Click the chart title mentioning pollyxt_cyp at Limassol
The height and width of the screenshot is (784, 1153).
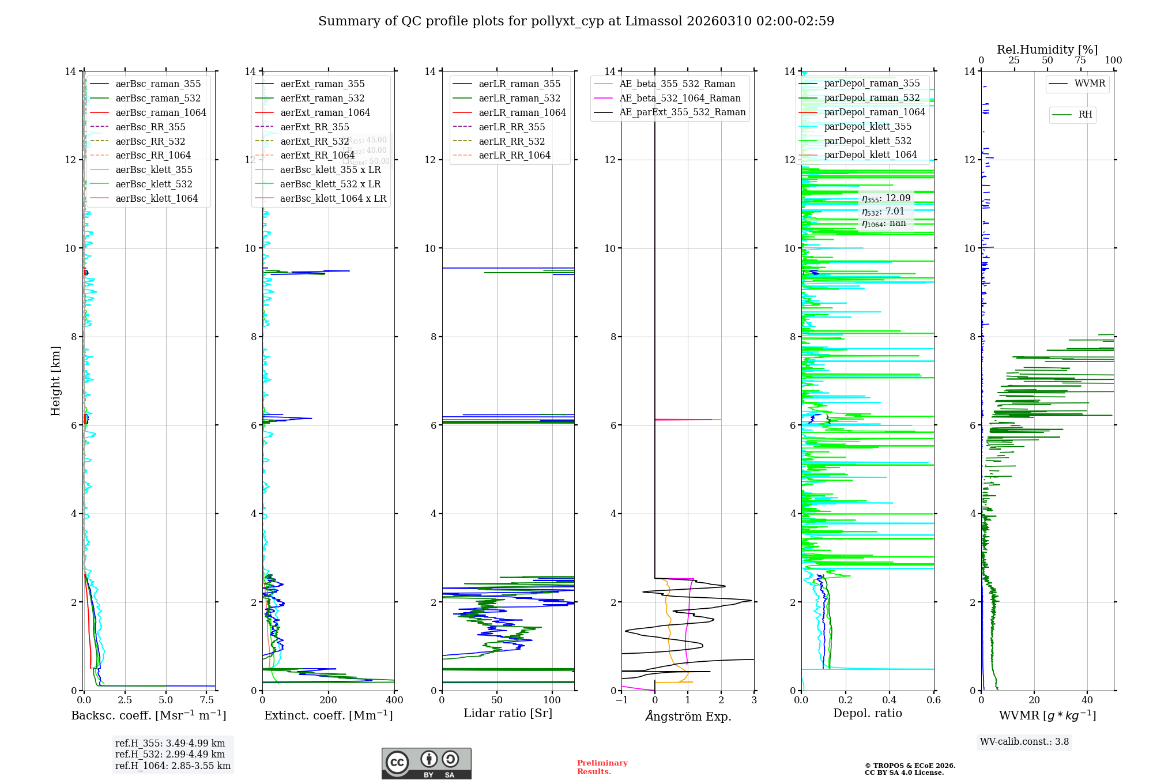(576, 21)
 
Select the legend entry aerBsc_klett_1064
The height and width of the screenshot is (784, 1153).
(156, 198)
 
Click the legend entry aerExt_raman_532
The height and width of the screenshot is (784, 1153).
(322, 99)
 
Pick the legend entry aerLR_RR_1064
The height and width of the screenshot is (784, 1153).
(514, 155)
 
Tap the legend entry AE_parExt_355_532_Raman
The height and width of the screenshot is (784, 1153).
(682, 112)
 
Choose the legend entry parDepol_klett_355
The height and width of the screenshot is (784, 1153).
(867, 126)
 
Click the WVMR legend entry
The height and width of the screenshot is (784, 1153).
(1090, 84)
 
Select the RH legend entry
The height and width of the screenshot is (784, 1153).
(1085, 115)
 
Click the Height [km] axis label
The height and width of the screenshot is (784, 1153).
(55, 381)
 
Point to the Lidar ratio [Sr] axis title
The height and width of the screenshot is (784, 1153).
(508, 714)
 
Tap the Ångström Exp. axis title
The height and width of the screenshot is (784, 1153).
(688, 716)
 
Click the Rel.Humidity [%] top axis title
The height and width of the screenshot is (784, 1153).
(1047, 50)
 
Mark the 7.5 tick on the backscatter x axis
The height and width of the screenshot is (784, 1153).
(207, 700)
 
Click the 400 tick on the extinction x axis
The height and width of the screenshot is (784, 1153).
(394, 700)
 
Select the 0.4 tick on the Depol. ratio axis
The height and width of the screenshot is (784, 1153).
(890, 700)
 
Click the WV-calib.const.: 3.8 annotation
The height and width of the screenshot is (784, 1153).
(1024, 742)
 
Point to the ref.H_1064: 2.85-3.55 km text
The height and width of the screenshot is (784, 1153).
(172, 766)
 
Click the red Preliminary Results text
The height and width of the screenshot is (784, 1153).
(602, 767)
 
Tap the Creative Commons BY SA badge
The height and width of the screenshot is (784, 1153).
(426, 764)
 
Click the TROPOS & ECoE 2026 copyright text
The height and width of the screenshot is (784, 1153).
(910, 769)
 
